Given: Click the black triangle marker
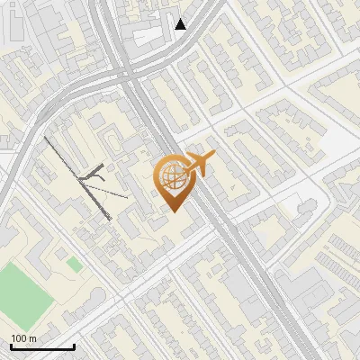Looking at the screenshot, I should [x=181, y=24].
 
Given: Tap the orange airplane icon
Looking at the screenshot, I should [x=198, y=165].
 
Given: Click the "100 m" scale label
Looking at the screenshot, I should [x=22, y=338].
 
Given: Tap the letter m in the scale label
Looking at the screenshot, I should [x=32, y=338].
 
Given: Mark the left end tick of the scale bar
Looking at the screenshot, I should [x=11, y=346].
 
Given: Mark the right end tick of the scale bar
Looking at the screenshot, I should [x=74, y=346].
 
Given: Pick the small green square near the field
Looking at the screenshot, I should [x=73, y=263].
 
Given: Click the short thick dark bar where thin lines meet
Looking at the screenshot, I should [x=94, y=174].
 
